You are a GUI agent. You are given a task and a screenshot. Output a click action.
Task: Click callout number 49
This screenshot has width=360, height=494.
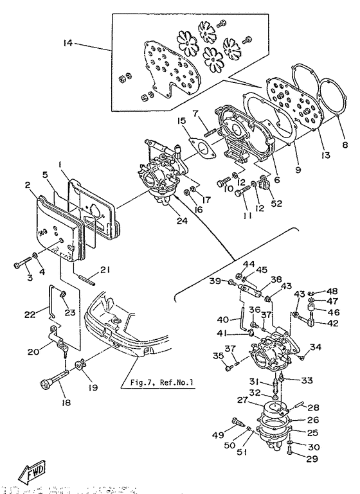219,434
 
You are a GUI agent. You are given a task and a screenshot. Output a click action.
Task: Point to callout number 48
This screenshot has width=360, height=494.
334,290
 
